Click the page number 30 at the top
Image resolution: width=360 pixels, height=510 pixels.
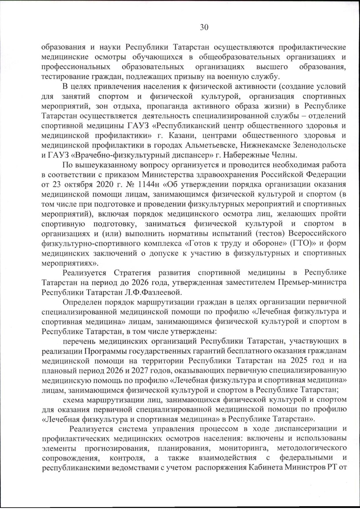(204, 27)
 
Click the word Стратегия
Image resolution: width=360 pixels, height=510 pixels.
(132, 273)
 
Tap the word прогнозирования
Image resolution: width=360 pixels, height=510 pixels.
(118, 448)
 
